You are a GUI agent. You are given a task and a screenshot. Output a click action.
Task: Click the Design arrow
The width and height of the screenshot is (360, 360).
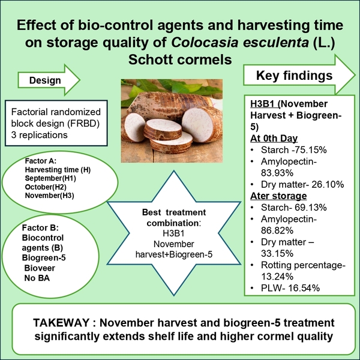(x=49, y=80)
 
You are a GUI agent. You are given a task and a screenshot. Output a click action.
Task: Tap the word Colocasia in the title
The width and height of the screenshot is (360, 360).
(x=205, y=42)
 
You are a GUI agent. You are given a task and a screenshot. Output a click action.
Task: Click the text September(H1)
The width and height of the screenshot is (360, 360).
(x=50, y=178)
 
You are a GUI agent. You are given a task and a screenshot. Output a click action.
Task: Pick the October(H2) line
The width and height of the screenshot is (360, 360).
(x=46, y=187)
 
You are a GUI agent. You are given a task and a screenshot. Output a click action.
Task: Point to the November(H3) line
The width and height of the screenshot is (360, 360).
(x=49, y=196)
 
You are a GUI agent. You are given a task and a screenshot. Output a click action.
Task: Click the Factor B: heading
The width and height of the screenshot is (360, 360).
(x=40, y=228)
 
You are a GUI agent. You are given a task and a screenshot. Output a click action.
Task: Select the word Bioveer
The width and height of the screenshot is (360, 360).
(x=40, y=268)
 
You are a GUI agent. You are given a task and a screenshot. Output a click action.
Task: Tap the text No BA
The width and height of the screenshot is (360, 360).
(x=37, y=278)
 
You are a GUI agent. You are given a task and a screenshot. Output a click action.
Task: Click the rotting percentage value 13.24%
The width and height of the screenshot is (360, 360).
(x=277, y=277)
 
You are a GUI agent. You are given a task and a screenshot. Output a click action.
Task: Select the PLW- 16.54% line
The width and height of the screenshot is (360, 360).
(x=290, y=288)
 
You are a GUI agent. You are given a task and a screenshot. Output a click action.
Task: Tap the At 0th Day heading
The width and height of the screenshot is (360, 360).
(x=274, y=139)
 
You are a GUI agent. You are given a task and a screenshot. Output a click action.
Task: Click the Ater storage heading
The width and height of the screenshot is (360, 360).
(x=278, y=196)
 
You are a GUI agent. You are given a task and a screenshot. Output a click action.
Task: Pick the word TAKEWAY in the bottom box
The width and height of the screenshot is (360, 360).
(x=61, y=323)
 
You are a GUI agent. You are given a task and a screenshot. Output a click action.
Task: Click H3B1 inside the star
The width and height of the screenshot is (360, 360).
(x=173, y=233)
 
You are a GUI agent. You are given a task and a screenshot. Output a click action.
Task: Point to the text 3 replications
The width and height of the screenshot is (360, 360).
(x=39, y=135)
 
